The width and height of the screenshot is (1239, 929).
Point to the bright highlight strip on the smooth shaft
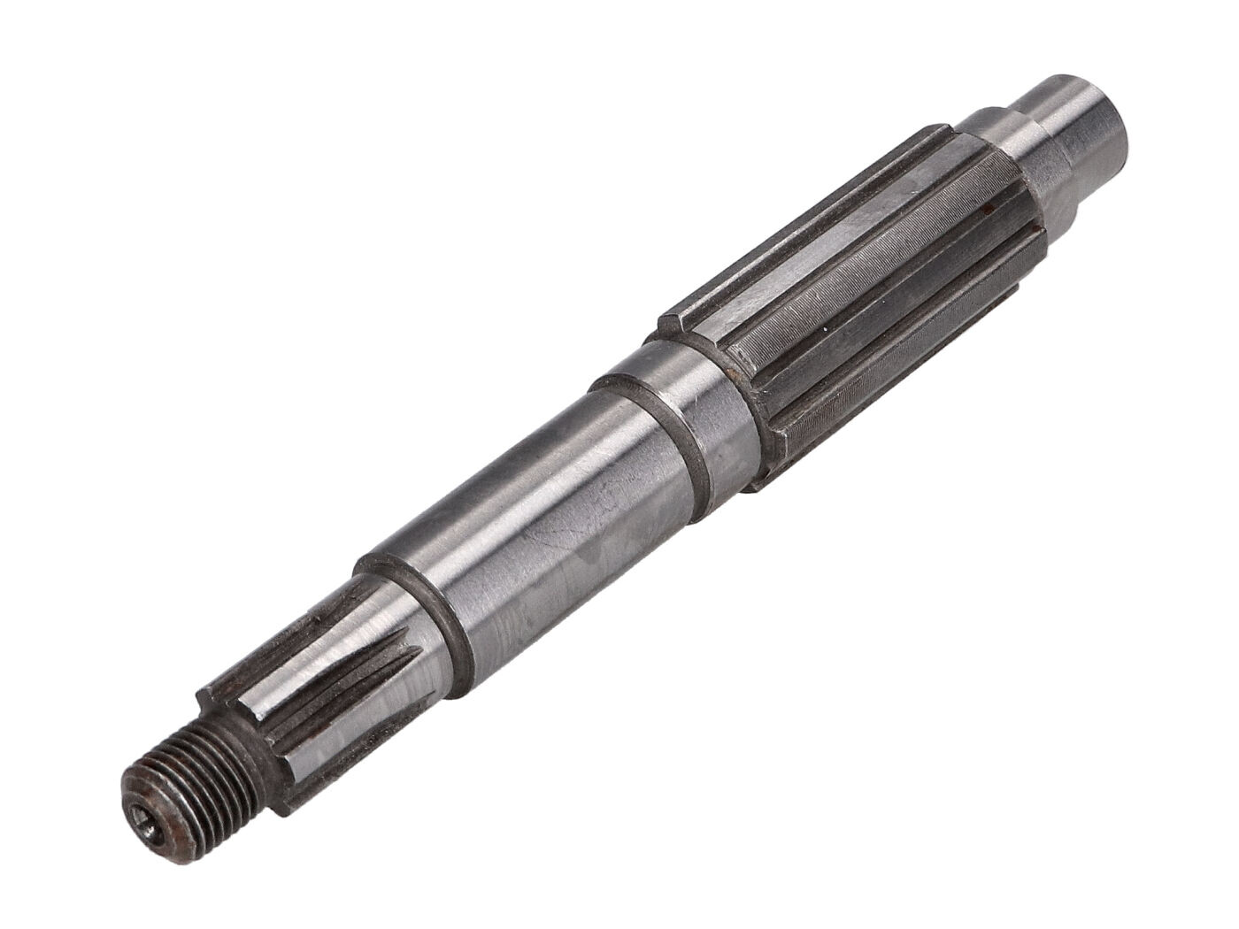pos(496,513)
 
